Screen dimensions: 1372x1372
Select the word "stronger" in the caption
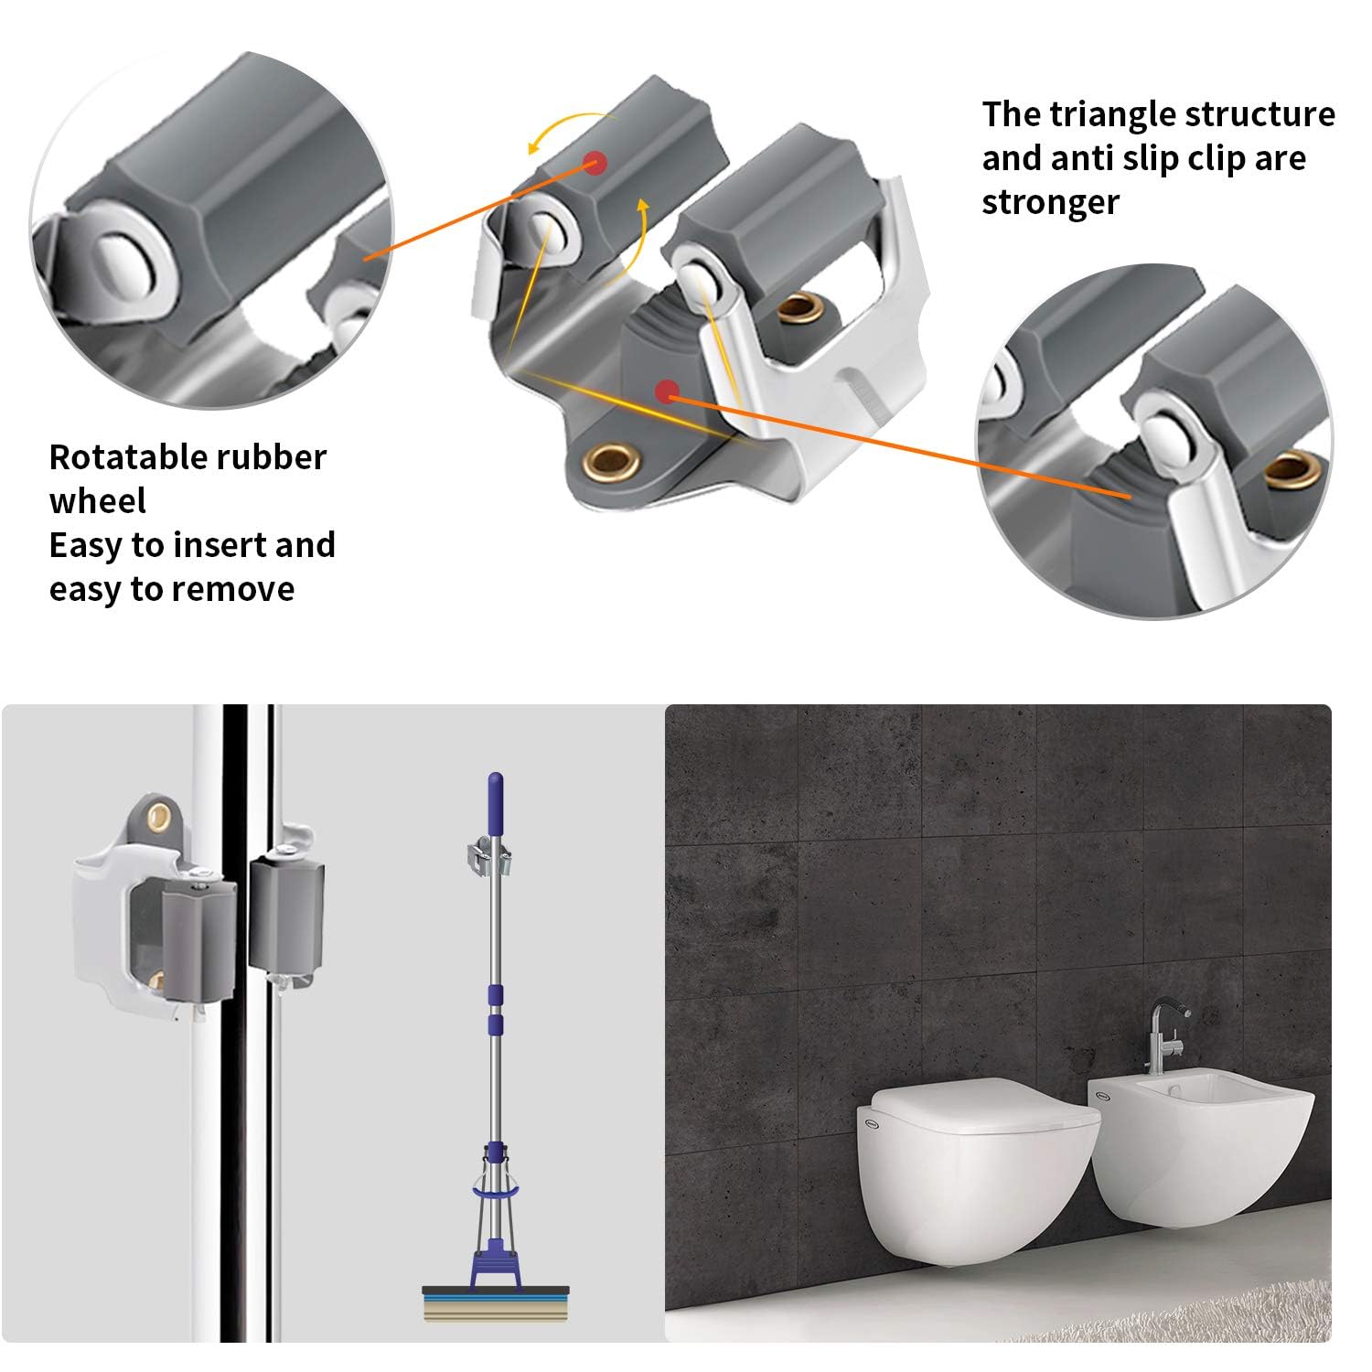[x=1050, y=202]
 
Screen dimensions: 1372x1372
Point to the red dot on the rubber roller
[x=595, y=163]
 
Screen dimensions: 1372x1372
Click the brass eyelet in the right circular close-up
[x=1292, y=469]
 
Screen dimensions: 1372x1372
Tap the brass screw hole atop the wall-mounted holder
[x=160, y=813]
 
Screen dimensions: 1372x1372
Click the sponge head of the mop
[x=495, y=1303]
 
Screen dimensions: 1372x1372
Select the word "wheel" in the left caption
[x=98, y=501]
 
